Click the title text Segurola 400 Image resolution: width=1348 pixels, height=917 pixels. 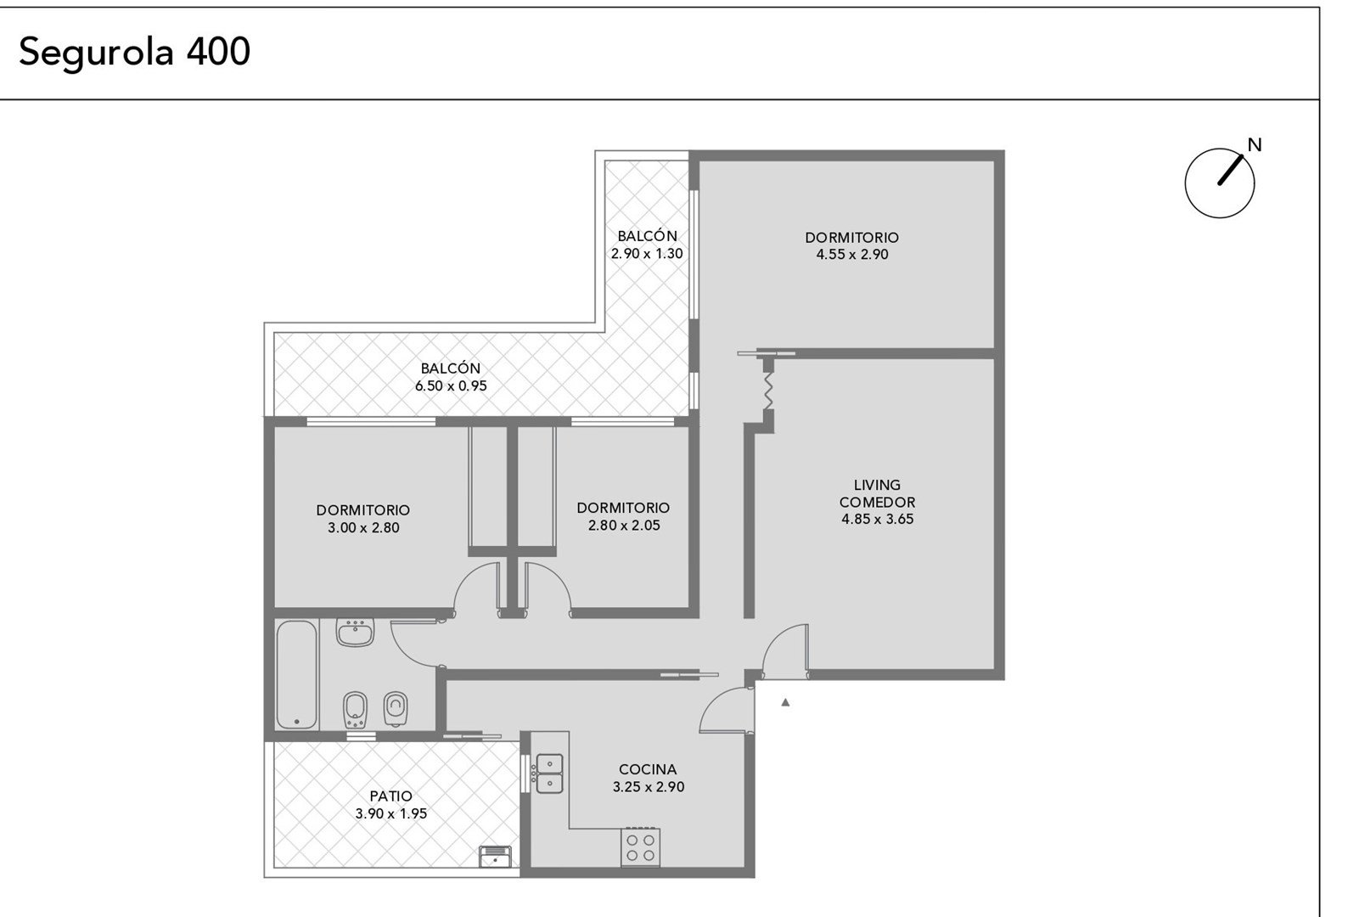(x=134, y=52)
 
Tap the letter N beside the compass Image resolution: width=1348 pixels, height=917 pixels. (x=1254, y=145)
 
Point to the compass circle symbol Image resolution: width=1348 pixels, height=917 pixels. (x=1220, y=183)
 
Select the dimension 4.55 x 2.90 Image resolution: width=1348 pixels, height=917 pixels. (x=852, y=255)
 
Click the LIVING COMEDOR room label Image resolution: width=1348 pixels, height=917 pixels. (x=878, y=493)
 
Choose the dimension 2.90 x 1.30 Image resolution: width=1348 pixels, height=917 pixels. (x=647, y=254)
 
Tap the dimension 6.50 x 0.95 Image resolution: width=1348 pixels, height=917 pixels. (x=451, y=386)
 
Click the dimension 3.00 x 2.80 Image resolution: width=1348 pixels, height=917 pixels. (x=363, y=528)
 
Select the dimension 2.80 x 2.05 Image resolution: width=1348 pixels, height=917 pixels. (x=624, y=526)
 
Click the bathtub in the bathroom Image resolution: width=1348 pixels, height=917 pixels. (x=297, y=674)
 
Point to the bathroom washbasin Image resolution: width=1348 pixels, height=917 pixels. (x=355, y=633)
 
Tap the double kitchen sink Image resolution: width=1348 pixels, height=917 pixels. (x=549, y=774)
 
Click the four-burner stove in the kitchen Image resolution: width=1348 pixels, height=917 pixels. (x=640, y=847)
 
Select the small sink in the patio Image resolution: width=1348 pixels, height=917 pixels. (x=495, y=857)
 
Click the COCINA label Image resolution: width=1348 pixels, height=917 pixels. (x=648, y=769)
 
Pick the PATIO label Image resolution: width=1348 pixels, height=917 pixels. (x=391, y=796)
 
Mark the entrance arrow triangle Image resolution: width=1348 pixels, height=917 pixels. (x=785, y=702)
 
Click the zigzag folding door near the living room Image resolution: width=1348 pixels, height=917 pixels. (x=768, y=391)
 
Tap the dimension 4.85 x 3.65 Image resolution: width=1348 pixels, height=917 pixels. (x=878, y=520)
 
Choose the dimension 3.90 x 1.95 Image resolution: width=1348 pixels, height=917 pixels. (x=391, y=814)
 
